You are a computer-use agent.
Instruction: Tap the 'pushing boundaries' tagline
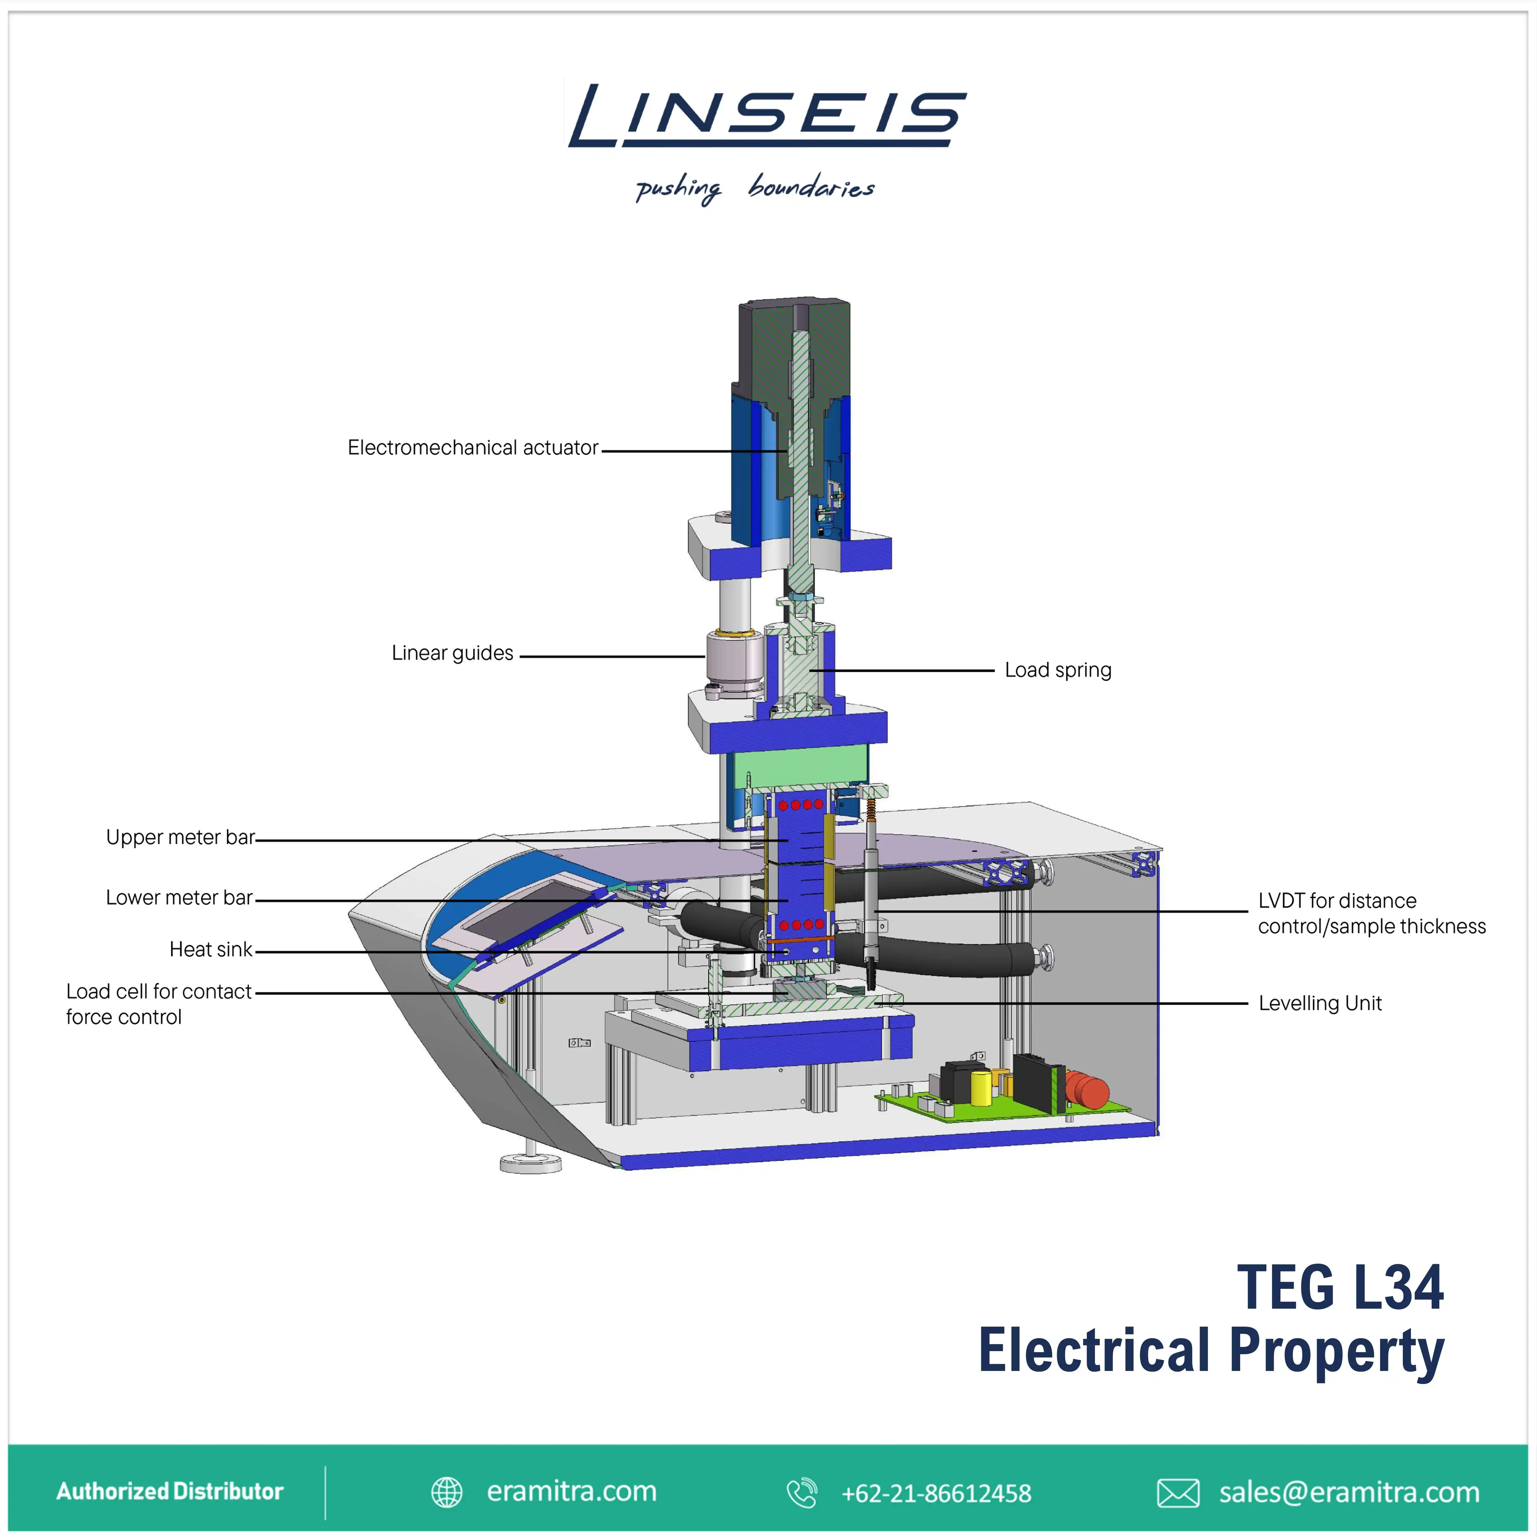(x=754, y=188)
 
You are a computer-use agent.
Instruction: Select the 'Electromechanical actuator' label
(x=472, y=448)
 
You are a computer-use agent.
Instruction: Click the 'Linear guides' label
(x=452, y=653)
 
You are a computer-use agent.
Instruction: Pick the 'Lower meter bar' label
(x=179, y=897)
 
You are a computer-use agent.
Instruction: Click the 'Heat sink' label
(x=211, y=949)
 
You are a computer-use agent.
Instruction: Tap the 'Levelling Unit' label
(x=1320, y=1003)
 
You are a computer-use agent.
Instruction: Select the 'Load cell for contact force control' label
(x=158, y=1004)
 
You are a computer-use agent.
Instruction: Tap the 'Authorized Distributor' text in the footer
(x=169, y=1491)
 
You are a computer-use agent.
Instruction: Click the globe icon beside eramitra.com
(x=446, y=1492)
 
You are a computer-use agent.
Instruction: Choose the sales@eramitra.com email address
(x=1349, y=1492)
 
